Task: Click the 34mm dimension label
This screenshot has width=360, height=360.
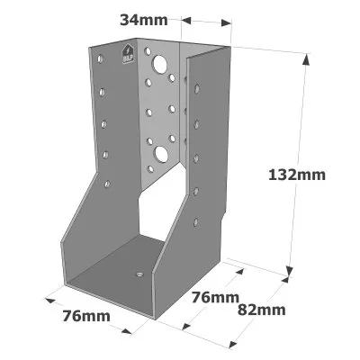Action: tap(144, 20)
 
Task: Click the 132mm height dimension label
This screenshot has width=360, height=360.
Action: tap(297, 175)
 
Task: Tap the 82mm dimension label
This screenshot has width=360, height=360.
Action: tap(261, 310)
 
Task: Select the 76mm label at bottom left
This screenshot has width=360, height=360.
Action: tap(86, 316)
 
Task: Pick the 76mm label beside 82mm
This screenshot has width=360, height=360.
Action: tap(215, 298)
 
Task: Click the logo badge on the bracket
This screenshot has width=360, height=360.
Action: tap(128, 54)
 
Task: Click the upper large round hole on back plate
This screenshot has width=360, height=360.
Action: tap(160, 65)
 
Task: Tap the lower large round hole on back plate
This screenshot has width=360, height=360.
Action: tap(161, 154)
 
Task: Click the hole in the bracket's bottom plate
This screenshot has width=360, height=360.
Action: tap(139, 274)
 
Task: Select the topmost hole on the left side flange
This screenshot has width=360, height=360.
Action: tap(100, 58)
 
